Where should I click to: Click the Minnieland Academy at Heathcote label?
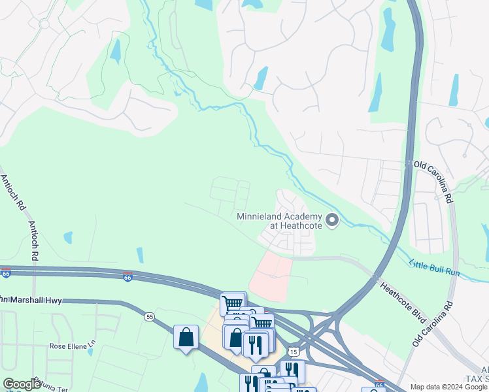(x=278, y=221)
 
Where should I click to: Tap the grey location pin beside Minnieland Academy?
(x=332, y=221)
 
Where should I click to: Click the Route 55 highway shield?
(x=150, y=317)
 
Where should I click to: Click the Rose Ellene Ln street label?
(x=73, y=344)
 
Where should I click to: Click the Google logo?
(x=22, y=384)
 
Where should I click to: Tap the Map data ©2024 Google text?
(x=448, y=387)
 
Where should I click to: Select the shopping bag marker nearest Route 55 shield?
(x=186, y=338)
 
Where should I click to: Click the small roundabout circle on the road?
(x=44, y=24)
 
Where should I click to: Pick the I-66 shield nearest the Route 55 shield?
(x=128, y=276)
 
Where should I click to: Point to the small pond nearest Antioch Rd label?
(x=68, y=238)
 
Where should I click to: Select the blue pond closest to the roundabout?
(x=116, y=51)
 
